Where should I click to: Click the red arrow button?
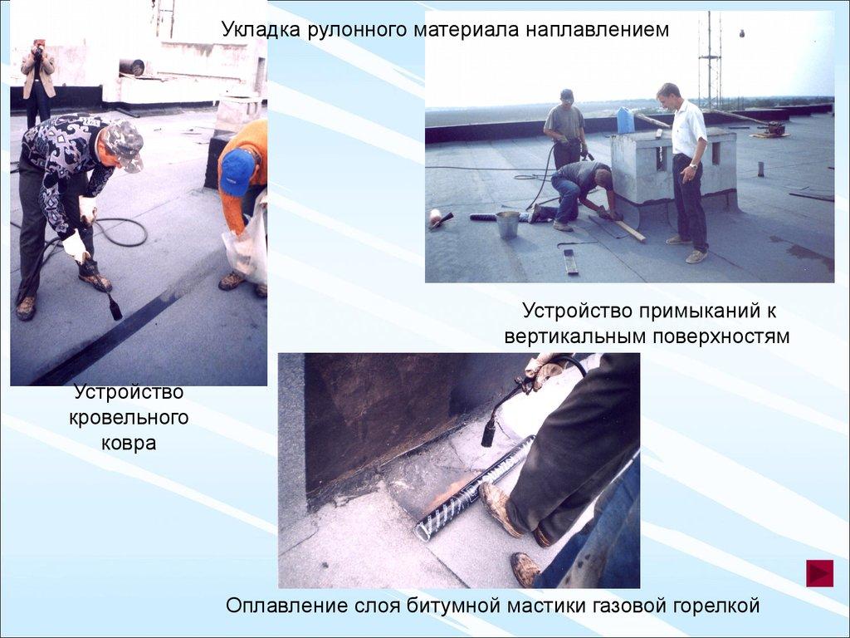(819, 573)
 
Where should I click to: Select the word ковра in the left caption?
(129, 443)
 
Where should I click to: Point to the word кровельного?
(129, 418)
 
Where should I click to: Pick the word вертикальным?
(575, 336)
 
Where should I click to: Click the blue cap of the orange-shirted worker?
(237, 171)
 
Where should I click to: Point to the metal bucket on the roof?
(507, 224)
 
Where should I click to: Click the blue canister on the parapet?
(625, 120)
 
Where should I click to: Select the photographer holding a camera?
(37, 81)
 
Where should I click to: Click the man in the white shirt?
(685, 173)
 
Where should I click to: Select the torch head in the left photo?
(115, 307)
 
